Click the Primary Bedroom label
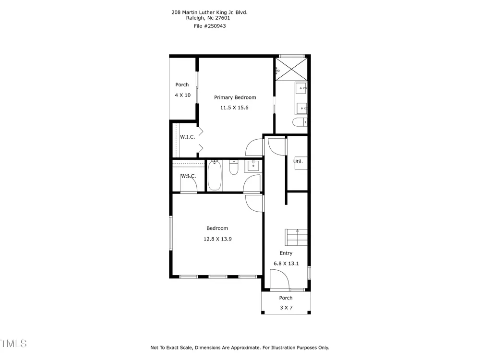(x=235, y=97)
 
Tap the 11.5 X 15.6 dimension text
(x=234, y=108)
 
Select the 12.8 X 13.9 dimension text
(x=217, y=239)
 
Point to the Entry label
(x=286, y=253)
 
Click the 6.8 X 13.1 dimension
(x=286, y=264)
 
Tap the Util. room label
(x=298, y=161)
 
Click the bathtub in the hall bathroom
(x=215, y=175)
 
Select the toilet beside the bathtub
(x=234, y=168)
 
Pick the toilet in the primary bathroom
(x=300, y=122)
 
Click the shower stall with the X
(x=291, y=69)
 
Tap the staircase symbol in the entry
(x=296, y=237)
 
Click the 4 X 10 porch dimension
(x=183, y=95)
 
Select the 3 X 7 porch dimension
(x=286, y=308)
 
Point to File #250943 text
(x=210, y=26)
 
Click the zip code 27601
(x=223, y=18)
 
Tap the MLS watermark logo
(x=13, y=344)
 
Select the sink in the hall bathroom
(x=253, y=166)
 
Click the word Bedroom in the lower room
(x=217, y=228)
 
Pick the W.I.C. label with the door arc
(x=188, y=176)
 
